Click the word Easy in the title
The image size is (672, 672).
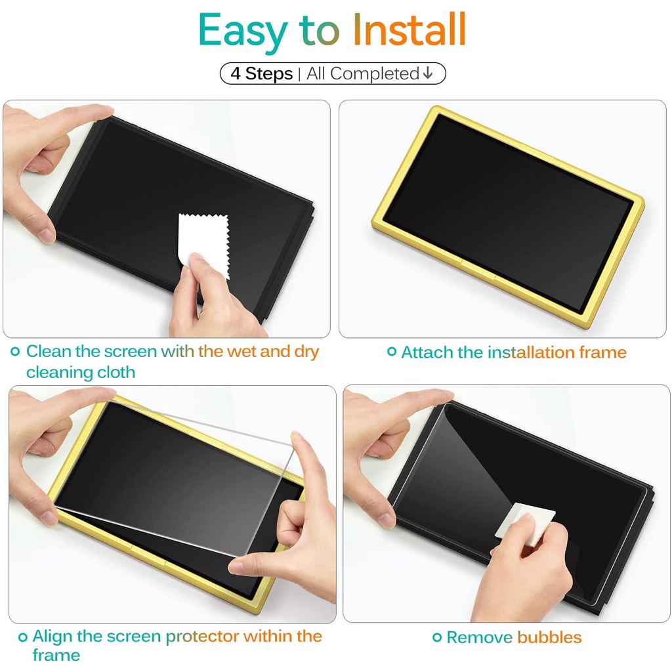click(243, 31)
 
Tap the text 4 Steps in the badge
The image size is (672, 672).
click(261, 73)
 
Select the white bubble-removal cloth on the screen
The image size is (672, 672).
click(525, 523)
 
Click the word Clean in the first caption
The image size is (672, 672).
click(49, 352)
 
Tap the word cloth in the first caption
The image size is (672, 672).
click(116, 372)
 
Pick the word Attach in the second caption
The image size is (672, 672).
click(427, 352)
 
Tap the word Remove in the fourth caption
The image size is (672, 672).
click(479, 637)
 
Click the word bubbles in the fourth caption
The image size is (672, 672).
click(549, 637)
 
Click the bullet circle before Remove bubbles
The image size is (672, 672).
click(437, 637)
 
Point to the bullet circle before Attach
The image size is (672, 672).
click(392, 352)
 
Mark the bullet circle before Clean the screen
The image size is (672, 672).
click(16, 352)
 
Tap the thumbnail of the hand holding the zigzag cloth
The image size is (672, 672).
click(167, 219)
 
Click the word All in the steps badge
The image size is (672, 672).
click(316, 73)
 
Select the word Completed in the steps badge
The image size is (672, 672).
click(375, 73)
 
